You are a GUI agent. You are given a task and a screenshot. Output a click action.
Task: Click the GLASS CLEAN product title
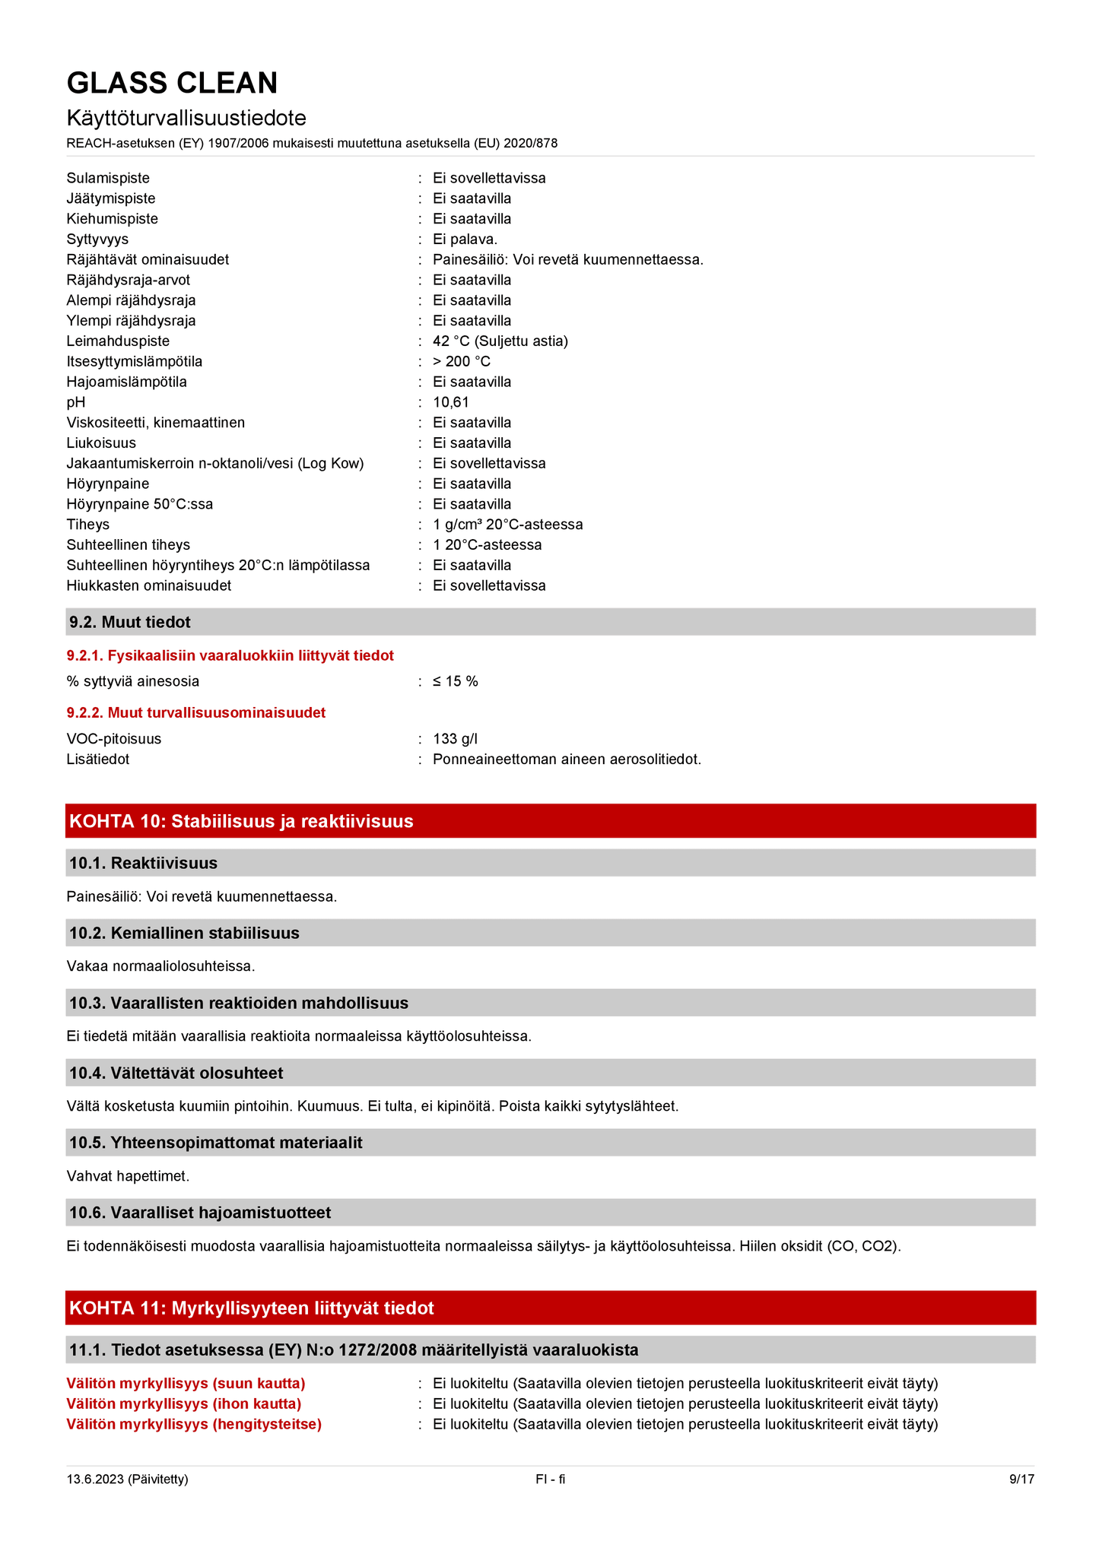pos(172,83)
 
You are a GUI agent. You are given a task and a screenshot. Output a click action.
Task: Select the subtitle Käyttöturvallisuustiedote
pos(186,118)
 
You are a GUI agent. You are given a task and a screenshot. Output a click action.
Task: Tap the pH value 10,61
pos(450,402)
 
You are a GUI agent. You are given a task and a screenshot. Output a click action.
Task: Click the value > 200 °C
pos(462,362)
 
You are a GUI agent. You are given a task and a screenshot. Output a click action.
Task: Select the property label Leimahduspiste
pos(118,341)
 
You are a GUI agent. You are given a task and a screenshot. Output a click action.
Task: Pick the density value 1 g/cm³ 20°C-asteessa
pos(507,525)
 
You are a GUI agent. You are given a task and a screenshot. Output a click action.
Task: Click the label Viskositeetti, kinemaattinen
pos(155,423)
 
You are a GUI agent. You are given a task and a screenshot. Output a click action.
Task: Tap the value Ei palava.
pos(465,239)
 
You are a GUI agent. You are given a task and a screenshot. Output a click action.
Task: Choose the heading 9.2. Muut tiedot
pos(130,622)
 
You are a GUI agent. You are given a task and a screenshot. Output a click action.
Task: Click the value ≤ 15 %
pos(455,681)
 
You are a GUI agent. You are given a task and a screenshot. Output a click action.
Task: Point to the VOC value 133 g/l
pos(455,739)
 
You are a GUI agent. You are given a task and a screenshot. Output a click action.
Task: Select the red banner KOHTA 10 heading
pos(241,821)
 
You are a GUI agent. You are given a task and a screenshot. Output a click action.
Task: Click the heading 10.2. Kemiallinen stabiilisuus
pos(184,933)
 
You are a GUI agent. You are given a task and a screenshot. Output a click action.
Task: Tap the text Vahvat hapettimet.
pos(128,1176)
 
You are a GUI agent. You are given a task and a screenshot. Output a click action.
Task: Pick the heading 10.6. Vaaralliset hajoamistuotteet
pos(200,1213)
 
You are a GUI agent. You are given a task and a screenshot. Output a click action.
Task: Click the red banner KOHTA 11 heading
pos(251,1308)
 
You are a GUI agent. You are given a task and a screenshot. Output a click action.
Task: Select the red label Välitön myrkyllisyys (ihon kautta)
pos(183,1403)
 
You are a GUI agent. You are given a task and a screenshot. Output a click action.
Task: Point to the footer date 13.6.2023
pos(127,1479)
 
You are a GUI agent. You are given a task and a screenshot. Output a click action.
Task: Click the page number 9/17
pos(1021,1479)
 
